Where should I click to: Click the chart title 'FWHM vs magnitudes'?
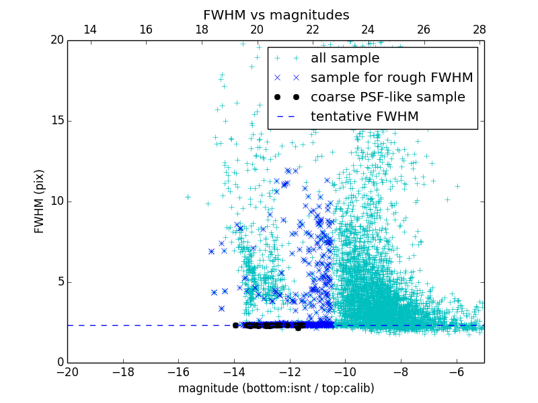276,15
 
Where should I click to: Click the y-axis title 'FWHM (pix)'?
40,201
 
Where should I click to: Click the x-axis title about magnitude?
276,388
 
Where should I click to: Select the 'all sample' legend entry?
345,58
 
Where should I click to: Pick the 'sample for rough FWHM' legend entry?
391,78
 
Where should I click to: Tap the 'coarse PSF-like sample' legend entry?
387,97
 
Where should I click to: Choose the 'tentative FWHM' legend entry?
364,117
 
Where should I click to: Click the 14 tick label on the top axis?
89,30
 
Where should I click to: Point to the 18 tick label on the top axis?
201,30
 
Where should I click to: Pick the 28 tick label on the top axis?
479,30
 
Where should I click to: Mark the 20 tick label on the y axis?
56,40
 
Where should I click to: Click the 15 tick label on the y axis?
56,121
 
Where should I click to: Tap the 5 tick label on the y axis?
59,282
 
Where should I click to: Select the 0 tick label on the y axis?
59,363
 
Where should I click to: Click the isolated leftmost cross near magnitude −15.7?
188,197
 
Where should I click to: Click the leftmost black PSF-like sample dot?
235,325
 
